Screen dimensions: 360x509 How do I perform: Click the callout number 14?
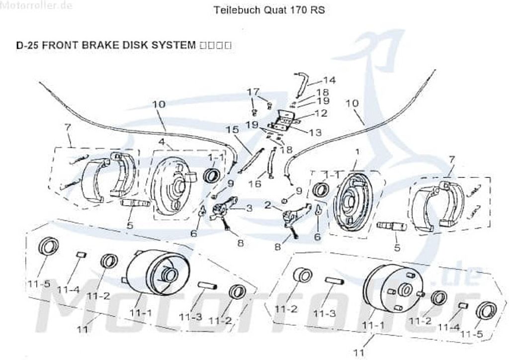[x=329, y=80]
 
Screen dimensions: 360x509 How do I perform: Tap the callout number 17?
[x=254, y=91]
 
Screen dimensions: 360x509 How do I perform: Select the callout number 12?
[x=321, y=113]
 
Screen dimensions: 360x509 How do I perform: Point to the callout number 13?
[x=315, y=132]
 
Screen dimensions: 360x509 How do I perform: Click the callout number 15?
[x=232, y=129]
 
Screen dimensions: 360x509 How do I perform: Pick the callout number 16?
[x=254, y=184]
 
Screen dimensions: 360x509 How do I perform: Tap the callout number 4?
[x=162, y=142]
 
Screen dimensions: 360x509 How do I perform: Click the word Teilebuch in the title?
[x=233, y=10]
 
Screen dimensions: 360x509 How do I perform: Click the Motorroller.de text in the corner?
[x=37, y=6]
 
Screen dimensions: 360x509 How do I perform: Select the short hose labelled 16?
[x=271, y=164]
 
